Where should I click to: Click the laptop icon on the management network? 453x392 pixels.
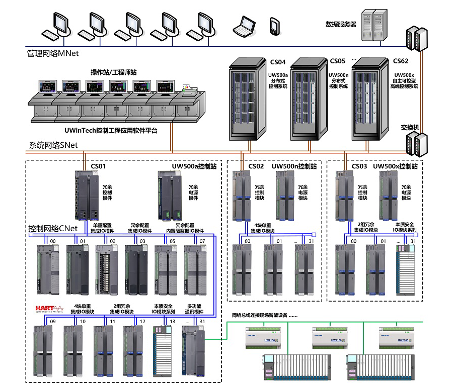(245, 26)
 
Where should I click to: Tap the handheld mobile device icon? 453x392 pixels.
(274, 26)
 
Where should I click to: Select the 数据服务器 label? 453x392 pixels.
(341, 24)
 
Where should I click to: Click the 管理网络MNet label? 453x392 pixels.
(53, 53)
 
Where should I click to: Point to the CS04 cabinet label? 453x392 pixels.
(278, 62)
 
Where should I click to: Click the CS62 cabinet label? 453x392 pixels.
(401, 61)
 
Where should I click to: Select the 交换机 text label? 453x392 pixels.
(410, 127)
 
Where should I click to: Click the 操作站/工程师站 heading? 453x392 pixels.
(113, 72)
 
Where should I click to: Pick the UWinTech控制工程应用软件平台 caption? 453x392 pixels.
(111, 130)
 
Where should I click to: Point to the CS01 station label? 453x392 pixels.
(98, 166)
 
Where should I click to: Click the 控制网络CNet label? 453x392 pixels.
(53, 228)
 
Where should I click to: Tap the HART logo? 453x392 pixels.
(49, 308)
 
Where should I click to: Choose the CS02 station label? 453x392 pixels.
(256, 166)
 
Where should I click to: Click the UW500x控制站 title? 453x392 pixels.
(396, 166)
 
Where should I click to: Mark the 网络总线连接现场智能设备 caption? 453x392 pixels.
(265, 315)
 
